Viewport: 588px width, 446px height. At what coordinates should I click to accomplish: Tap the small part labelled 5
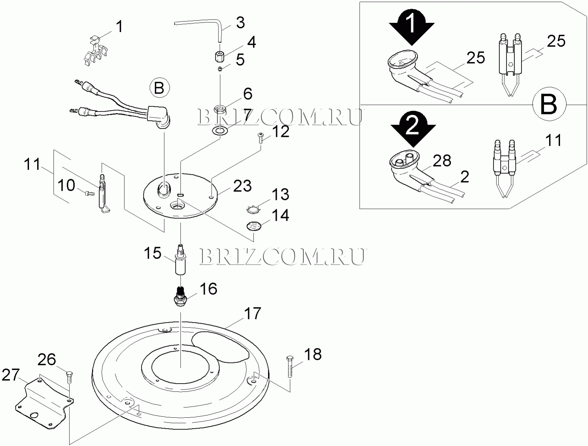[x=220, y=69]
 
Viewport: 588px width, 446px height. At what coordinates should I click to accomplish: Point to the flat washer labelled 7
[x=220, y=130]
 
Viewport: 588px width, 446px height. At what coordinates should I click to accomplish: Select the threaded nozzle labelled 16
[x=181, y=295]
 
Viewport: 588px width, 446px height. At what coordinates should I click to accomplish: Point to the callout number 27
[x=11, y=375]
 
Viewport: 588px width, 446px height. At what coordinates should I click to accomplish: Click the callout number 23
[x=242, y=186]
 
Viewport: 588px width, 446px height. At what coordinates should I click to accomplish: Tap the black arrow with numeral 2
[x=413, y=129]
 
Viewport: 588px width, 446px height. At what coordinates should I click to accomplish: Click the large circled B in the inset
[x=549, y=104]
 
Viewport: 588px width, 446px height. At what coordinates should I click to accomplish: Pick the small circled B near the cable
[x=159, y=88]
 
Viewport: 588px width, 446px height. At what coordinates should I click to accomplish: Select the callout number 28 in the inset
[x=442, y=161]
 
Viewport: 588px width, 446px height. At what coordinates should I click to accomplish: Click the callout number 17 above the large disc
[x=253, y=313]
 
